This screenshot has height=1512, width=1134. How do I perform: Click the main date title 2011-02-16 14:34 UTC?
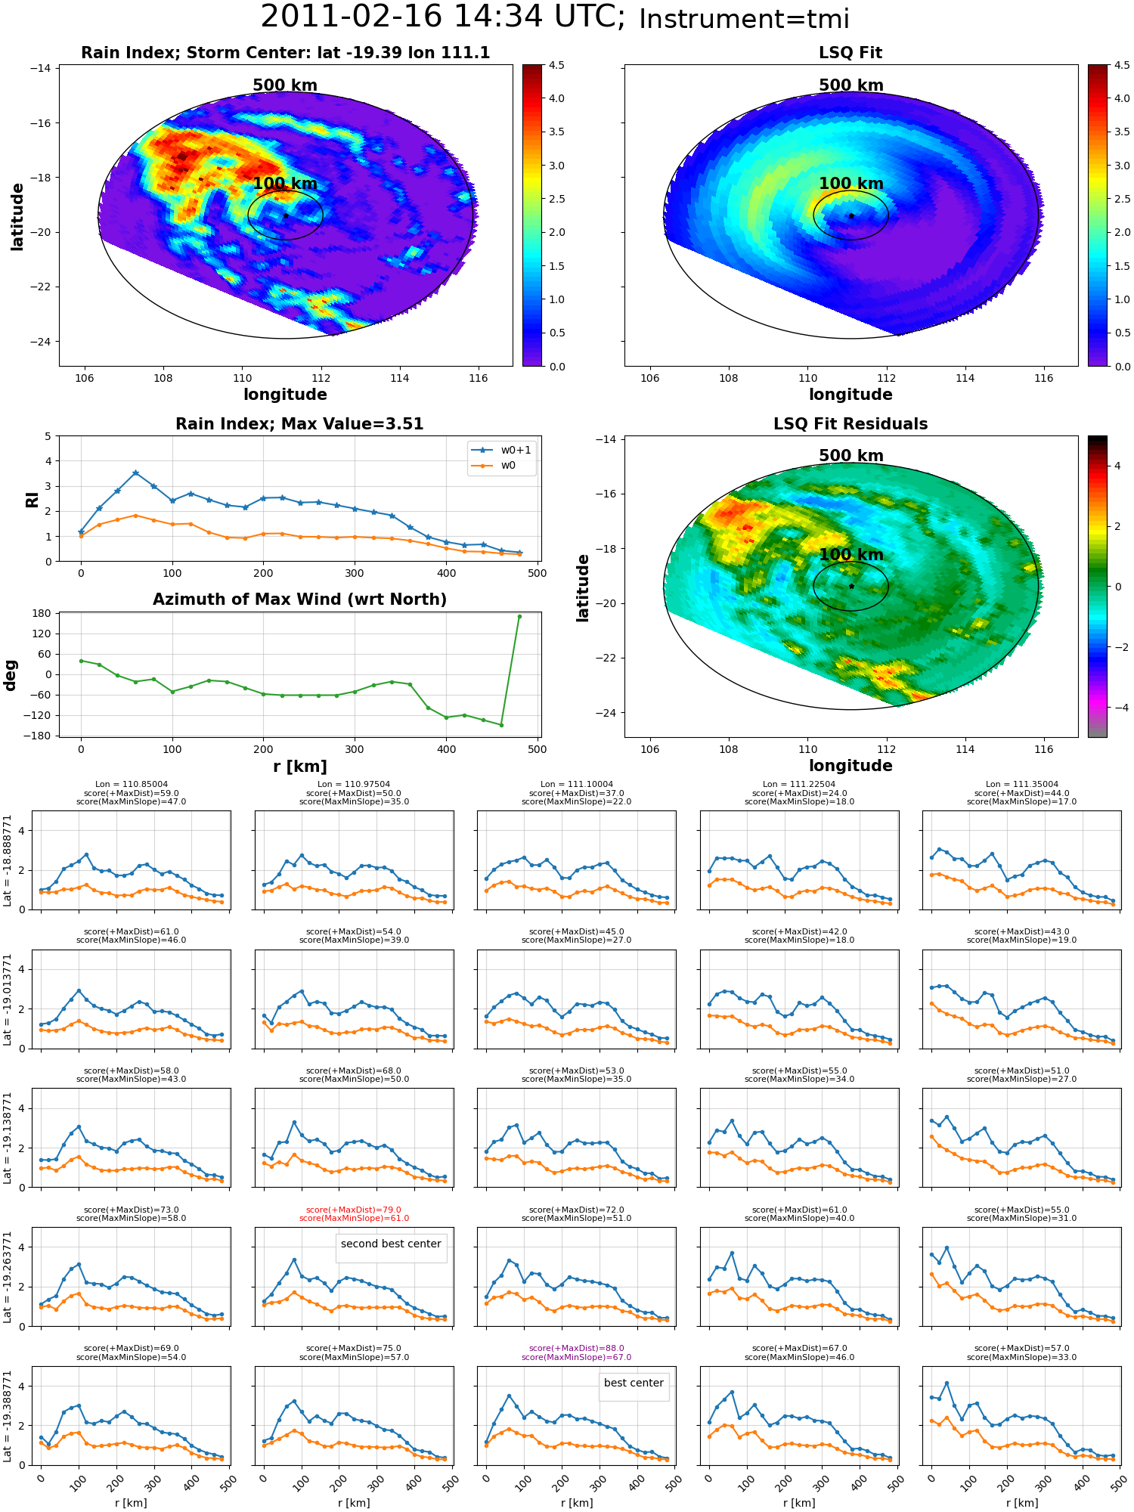(443, 17)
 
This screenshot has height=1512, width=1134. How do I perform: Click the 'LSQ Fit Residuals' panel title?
(850, 424)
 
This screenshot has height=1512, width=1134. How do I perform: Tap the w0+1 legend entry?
(501, 450)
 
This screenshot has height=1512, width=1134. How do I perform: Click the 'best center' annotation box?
(634, 1383)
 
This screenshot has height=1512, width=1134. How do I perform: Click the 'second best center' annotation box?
(391, 1244)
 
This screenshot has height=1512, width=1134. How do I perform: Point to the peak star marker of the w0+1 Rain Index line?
(135, 472)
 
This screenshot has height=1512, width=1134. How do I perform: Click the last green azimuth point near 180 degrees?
(519, 616)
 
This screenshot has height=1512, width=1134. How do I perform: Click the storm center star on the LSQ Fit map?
(851, 215)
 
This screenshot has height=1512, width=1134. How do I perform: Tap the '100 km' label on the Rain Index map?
(285, 184)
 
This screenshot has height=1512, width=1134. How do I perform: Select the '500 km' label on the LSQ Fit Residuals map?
(851, 456)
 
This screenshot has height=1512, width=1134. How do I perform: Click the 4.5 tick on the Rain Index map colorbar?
(556, 66)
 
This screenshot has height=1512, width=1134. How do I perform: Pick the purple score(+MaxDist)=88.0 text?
(577, 1348)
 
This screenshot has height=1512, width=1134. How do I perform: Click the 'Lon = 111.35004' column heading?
(1022, 784)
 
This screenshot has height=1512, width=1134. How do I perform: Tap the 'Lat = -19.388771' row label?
(8, 1416)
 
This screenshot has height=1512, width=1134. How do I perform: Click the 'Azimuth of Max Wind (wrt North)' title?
(300, 600)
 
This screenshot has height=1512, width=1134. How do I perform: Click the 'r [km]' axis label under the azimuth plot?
(300, 767)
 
